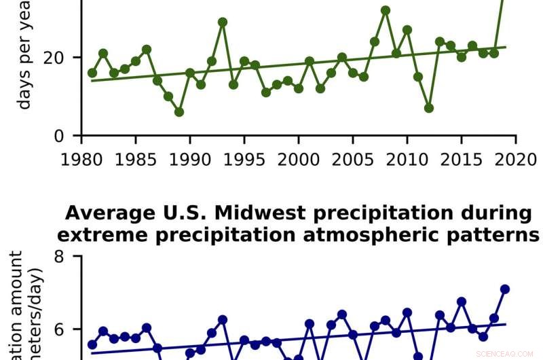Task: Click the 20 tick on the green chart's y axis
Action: pos(60,57)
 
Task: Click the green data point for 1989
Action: pos(179,112)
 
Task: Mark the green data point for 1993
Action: pos(223,22)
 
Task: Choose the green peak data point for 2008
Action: pos(386,10)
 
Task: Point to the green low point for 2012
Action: pos(429,108)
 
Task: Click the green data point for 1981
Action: pos(92,73)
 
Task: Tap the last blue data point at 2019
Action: pos(505,289)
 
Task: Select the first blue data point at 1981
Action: pos(92,344)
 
